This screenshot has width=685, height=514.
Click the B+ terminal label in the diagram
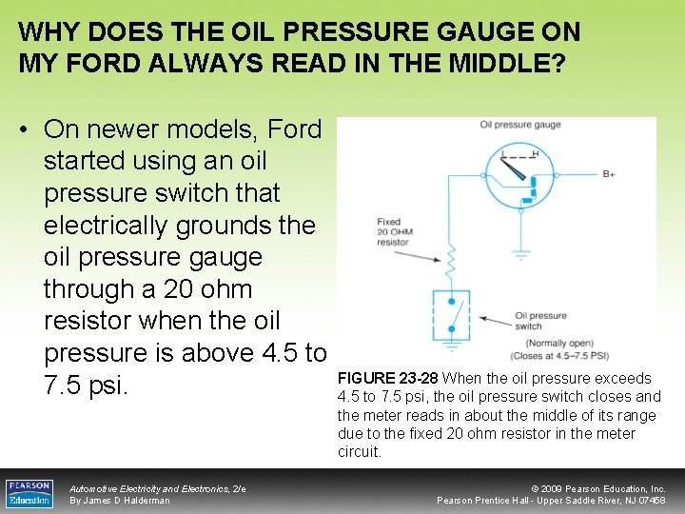(610, 173)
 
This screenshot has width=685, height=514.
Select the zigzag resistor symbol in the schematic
(453, 258)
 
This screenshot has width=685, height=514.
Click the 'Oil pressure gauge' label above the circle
(519, 125)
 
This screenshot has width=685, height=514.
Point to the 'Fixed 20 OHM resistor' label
(392, 232)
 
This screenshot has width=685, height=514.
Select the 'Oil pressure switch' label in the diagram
(540, 321)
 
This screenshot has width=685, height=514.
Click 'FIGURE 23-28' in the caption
(388, 378)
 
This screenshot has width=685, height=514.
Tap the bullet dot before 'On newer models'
(25, 128)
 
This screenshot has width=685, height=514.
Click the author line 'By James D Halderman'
(120, 501)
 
